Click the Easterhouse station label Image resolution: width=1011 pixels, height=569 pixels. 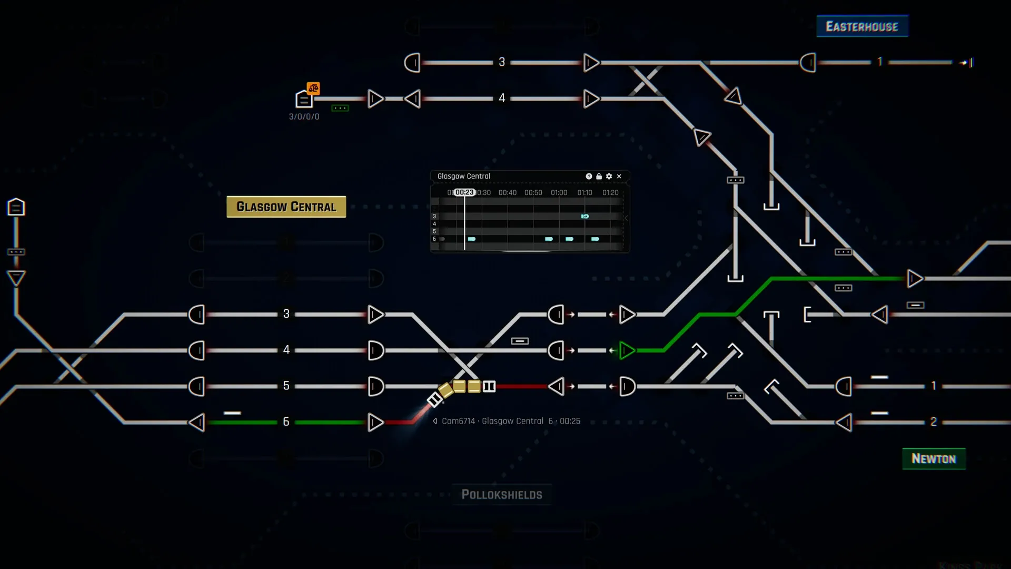[x=862, y=26]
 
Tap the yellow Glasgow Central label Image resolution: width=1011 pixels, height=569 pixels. [x=286, y=207]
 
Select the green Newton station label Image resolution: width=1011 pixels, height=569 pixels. [x=933, y=458]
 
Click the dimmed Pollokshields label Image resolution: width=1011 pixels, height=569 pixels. [x=501, y=494]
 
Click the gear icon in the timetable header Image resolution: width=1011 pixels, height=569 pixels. [x=609, y=176]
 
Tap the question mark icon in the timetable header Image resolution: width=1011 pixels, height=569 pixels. [x=589, y=176]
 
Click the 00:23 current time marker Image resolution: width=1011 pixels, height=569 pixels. [x=464, y=192]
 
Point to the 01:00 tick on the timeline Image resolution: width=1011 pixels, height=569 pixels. [x=559, y=193]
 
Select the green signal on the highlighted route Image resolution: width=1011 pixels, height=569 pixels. [x=627, y=350]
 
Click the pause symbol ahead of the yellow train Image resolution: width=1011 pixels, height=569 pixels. [x=489, y=387]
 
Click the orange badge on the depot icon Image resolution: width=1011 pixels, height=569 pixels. [x=313, y=88]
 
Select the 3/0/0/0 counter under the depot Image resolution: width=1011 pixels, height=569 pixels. [x=304, y=116]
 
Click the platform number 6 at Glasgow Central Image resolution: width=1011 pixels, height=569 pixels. [x=286, y=421]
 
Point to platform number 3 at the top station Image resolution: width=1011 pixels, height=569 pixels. [x=502, y=62]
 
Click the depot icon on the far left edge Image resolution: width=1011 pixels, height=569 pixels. [x=16, y=207]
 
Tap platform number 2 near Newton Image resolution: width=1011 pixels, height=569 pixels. [x=933, y=421]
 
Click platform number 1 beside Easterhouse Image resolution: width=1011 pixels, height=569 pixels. [x=879, y=62]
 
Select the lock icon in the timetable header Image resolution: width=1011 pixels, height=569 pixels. [x=599, y=176]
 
